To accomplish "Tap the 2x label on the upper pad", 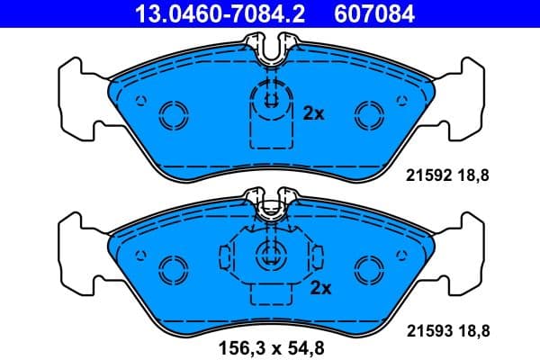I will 313,113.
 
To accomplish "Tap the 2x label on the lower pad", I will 320,288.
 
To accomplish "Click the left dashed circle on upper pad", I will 171,114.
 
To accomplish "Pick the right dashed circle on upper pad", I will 368,114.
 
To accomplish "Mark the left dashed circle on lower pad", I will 171,268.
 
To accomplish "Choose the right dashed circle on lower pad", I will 368,268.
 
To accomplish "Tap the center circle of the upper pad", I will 269,97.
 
